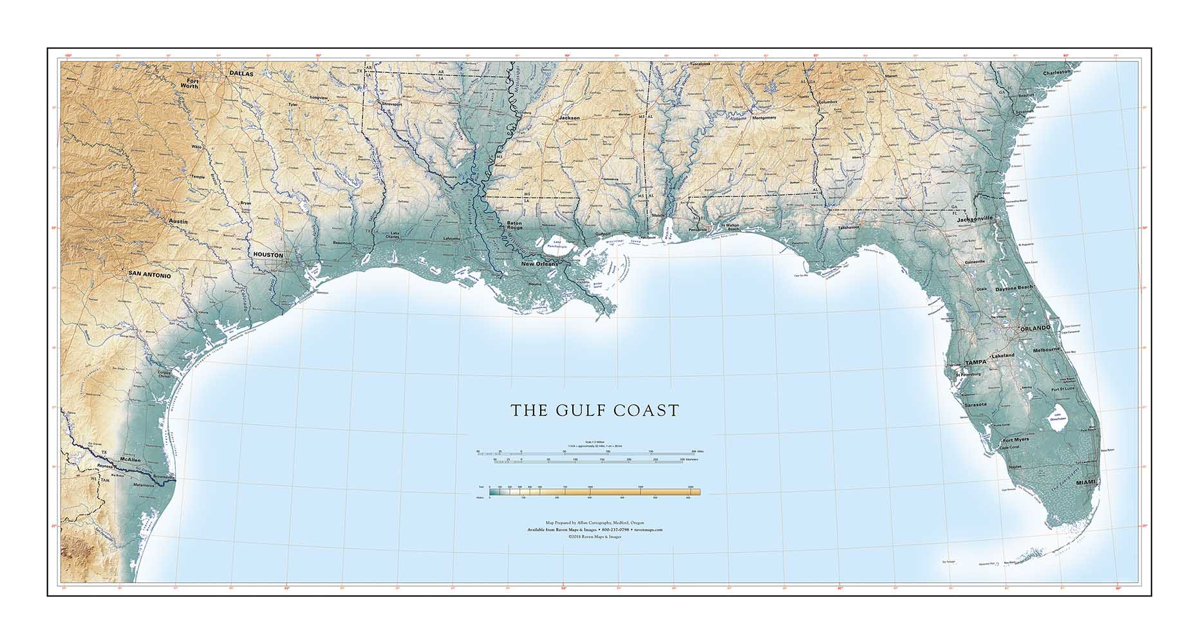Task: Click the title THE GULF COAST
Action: (x=595, y=411)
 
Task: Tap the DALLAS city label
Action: (x=241, y=74)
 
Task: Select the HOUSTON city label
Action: (x=268, y=255)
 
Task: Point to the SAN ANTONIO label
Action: (x=149, y=275)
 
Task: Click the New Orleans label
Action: (x=539, y=264)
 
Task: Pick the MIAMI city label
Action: (x=1085, y=482)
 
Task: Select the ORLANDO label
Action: (x=1034, y=328)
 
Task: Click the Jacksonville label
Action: (x=975, y=218)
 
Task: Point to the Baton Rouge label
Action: (x=514, y=225)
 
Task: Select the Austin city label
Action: (x=178, y=222)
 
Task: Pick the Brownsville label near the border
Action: (x=164, y=477)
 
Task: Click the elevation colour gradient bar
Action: (x=594, y=492)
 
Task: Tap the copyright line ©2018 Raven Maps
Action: (x=594, y=536)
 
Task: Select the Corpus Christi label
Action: (x=166, y=374)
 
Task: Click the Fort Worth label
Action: (x=189, y=83)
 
